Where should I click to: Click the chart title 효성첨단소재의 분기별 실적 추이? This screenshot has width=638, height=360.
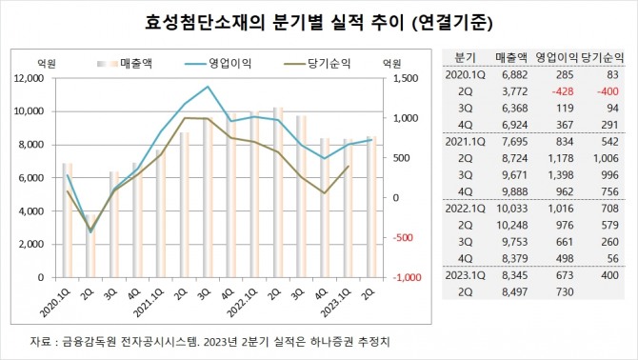click(x=318, y=19)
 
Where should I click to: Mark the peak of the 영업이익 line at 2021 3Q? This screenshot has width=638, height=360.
click(x=208, y=87)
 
